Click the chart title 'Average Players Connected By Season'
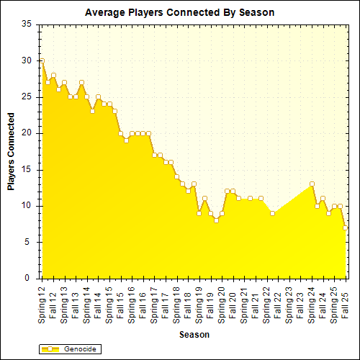tap(179, 12)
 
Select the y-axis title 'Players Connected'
tap(12, 151)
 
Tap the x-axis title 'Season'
tap(194, 335)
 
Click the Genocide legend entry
tap(68, 349)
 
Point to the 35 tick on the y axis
tap(27, 24)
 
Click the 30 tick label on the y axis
tap(27, 60)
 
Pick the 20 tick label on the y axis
tap(27, 133)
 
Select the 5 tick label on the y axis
tap(30, 242)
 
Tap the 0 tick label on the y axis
tap(30, 278)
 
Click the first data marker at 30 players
tap(42, 60)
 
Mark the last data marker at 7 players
tap(346, 228)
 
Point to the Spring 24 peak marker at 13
tap(312, 184)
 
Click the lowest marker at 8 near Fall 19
tap(216, 220)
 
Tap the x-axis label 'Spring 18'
tap(176, 302)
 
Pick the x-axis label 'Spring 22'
tap(266, 302)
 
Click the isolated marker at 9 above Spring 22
tap(272, 213)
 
